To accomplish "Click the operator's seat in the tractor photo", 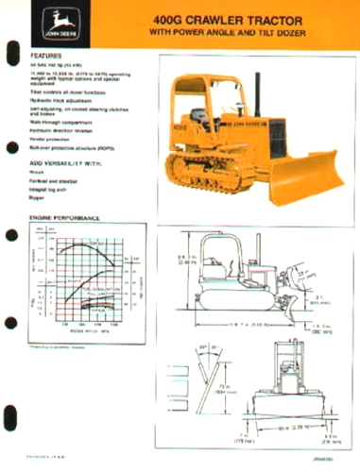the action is coord(201,117).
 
